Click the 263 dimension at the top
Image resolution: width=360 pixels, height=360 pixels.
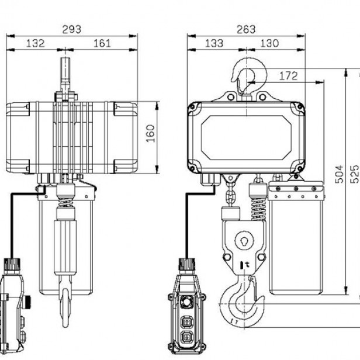(x=245, y=29)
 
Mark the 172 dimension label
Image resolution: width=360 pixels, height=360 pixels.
(x=289, y=76)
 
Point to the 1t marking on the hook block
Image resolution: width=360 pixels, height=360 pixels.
(x=244, y=265)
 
